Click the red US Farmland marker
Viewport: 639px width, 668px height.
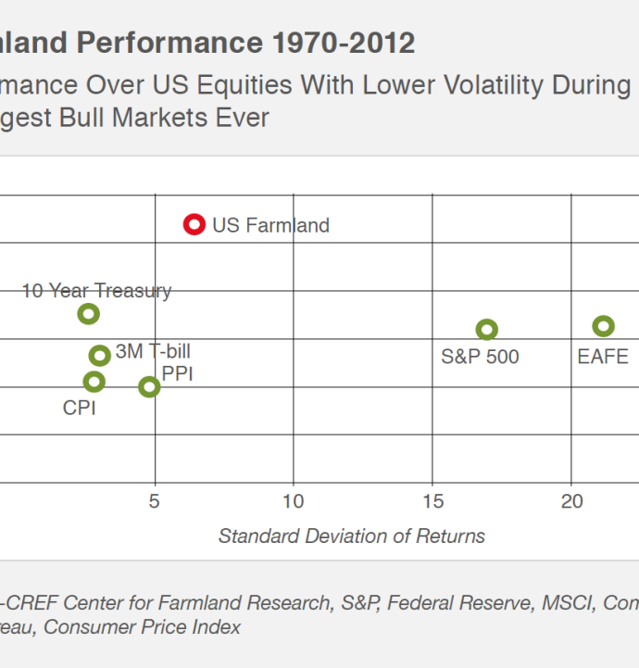[x=194, y=224]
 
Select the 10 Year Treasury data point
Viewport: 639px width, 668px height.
[x=88, y=314]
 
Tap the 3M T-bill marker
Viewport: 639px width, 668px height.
[x=100, y=356]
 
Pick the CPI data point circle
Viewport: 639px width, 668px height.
[x=94, y=382]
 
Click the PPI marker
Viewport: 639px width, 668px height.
[x=149, y=387]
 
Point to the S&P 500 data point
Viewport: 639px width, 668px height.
[x=486, y=330]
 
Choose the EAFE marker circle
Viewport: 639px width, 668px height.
[x=604, y=326]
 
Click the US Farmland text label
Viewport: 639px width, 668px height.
[x=270, y=225]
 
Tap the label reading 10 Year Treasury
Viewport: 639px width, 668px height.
[x=96, y=291]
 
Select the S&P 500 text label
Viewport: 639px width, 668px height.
[x=480, y=357]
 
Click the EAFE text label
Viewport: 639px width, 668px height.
[x=603, y=357]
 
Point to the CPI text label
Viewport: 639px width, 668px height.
[x=80, y=407]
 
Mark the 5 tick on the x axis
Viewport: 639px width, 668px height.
[x=155, y=501]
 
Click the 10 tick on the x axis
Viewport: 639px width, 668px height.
[x=294, y=501]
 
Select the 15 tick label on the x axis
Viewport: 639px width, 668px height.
[x=432, y=501]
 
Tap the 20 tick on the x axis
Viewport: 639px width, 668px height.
[x=571, y=501]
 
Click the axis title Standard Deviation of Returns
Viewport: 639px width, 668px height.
[x=352, y=536]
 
